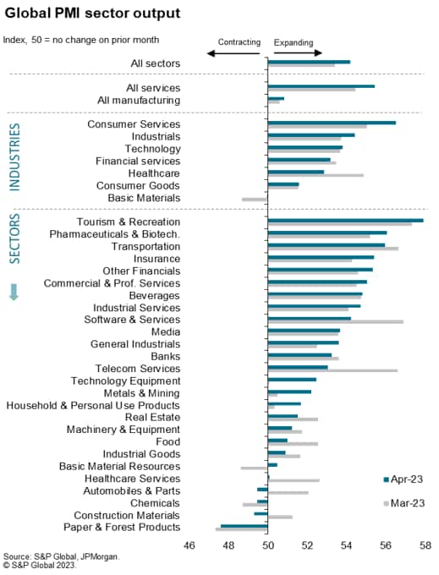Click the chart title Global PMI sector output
coord(92,13)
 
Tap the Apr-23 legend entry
coord(403,479)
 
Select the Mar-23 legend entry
coord(404,503)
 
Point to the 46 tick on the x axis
coord(189,545)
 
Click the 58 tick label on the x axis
coord(425,545)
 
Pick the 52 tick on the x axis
coord(307,545)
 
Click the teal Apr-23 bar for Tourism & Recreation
coord(345,221)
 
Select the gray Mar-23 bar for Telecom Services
coord(332,370)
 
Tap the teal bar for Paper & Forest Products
coord(244,526)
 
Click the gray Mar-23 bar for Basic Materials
coord(255,200)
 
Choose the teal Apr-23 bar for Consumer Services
coord(332,123)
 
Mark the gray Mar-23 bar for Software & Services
coord(336,321)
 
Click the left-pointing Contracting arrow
coord(233,53)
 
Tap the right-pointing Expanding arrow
coord(298,52)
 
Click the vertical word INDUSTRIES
coord(14,157)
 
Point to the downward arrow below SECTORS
coord(14,292)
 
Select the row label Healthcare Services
coord(133,479)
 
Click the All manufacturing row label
coord(139,100)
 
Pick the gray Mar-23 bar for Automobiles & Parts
coord(288,492)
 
